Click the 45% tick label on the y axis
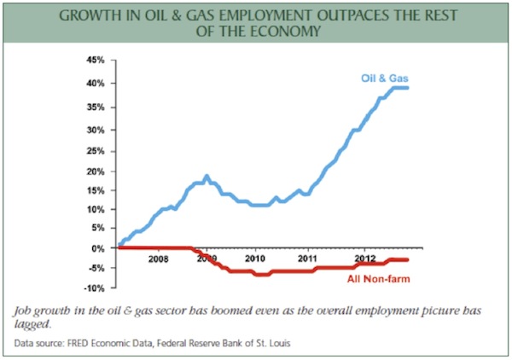[x=94, y=61]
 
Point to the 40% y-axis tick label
[x=94, y=84]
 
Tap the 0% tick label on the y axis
[x=96, y=248]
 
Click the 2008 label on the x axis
[x=159, y=257]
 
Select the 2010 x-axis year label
[x=255, y=257]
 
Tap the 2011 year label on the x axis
[x=307, y=257]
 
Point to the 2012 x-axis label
[x=366, y=257]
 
